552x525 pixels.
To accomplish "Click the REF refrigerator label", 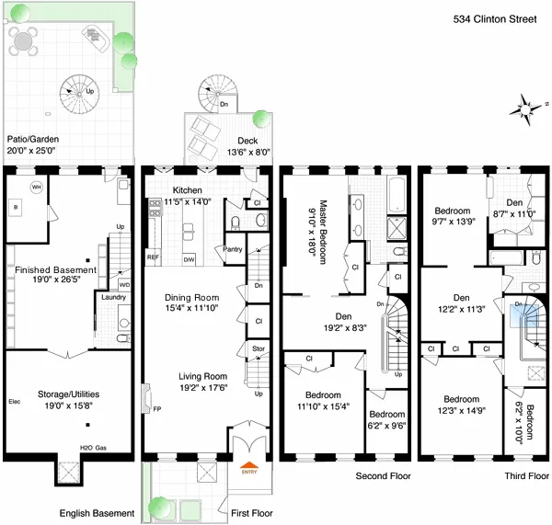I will click(154, 257).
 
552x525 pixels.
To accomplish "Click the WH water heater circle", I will click(37, 187).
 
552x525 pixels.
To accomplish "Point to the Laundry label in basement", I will click(113, 297).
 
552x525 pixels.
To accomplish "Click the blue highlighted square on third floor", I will click(521, 315).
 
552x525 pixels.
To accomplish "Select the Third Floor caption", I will click(526, 476).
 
